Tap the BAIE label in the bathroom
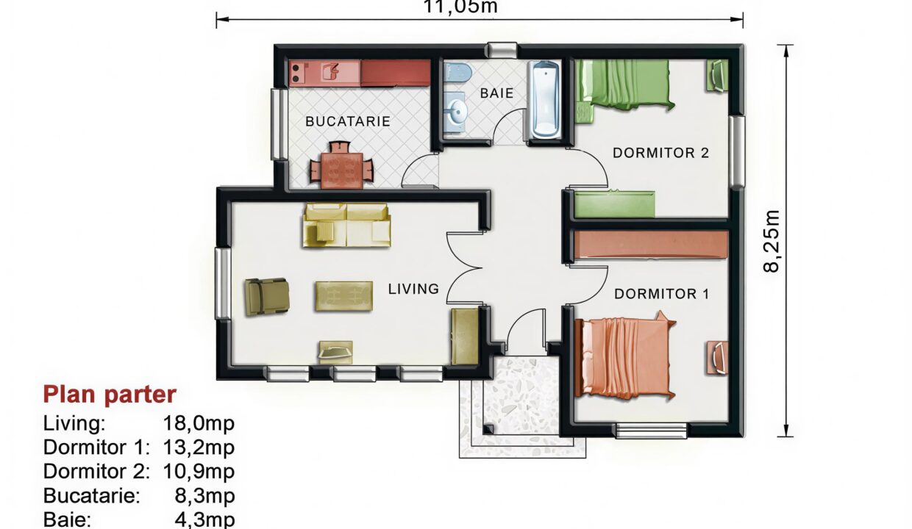pyautogui.click(x=496, y=93)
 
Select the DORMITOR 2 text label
pyautogui.click(x=660, y=153)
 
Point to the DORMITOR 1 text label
pyautogui.click(x=661, y=294)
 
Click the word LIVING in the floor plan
pyautogui.click(x=413, y=289)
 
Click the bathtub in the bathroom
pyautogui.click(x=545, y=100)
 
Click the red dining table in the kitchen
pyautogui.click(x=340, y=167)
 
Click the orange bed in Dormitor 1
pyautogui.click(x=624, y=357)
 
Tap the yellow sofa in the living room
pyautogui.click(x=346, y=225)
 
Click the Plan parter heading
pyautogui.click(x=110, y=395)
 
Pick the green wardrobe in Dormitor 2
pyautogui.click(x=613, y=204)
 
